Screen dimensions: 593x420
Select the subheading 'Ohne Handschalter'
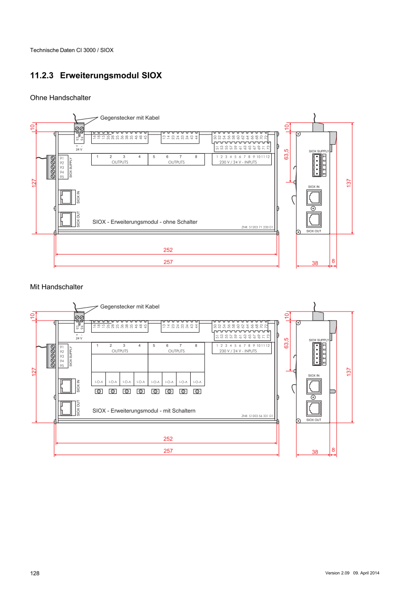click(x=60, y=98)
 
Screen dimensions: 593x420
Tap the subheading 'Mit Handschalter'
click(x=56, y=287)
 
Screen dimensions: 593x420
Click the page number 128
click(x=35, y=573)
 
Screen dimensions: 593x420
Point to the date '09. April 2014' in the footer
click(x=366, y=573)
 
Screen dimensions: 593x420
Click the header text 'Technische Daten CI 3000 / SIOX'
click(x=71, y=50)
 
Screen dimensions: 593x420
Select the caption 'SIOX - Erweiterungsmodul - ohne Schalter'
click(x=145, y=222)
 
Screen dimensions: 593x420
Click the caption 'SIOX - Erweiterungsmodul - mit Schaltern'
click(x=144, y=411)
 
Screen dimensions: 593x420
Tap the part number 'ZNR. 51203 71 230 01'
click(x=257, y=227)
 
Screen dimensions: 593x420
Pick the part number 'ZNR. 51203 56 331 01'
click(x=257, y=416)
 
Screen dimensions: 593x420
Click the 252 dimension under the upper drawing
click(x=168, y=250)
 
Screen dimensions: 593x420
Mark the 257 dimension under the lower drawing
click(x=168, y=451)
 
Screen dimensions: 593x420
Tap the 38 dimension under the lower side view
click(x=315, y=452)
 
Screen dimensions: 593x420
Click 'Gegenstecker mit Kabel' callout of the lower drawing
click(x=129, y=307)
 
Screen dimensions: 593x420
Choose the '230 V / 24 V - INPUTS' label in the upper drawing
click(x=238, y=162)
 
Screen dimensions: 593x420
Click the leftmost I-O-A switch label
click(x=98, y=382)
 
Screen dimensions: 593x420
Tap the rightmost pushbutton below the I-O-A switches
click(x=197, y=391)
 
